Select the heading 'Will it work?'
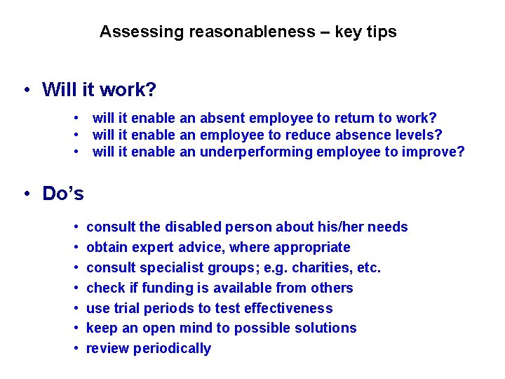(x=99, y=90)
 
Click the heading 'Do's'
(x=63, y=194)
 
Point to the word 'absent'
(x=222, y=118)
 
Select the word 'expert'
(x=154, y=247)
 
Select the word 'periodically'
(x=172, y=348)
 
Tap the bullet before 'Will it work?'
(x=25, y=91)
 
